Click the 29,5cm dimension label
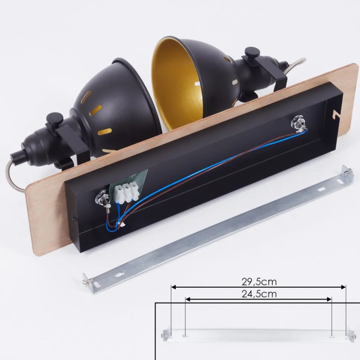pyautogui.click(x=259, y=282)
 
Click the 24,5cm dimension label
pyautogui.click(x=259, y=294)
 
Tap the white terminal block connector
pyautogui.click(x=127, y=192)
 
